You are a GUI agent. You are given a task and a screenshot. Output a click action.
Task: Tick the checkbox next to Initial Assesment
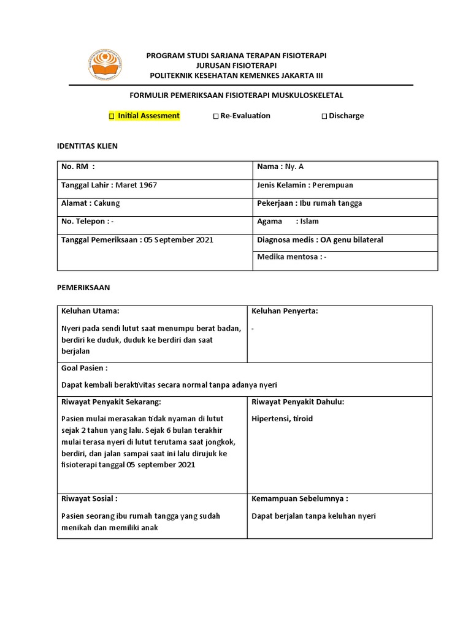click(x=112, y=116)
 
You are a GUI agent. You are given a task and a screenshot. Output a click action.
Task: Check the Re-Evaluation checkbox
click(x=215, y=116)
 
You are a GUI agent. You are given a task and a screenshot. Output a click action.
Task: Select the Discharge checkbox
click(x=324, y=116)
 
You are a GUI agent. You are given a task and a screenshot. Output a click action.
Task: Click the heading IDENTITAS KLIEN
click(x=86, y=146)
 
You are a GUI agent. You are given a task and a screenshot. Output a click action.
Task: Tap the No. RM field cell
click(x=156, y=167)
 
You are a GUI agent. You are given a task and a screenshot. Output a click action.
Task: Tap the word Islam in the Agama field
click(x=307, y=221)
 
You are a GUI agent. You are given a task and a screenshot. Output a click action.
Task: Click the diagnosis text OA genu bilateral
click(x=348, y=239)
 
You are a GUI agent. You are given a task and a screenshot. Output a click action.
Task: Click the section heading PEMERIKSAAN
click(x=83, y=287)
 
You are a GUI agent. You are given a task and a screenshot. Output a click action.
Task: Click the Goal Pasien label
click(x=84, y=368)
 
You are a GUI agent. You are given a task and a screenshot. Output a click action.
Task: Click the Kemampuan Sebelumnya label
click(x=299, y=498)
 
